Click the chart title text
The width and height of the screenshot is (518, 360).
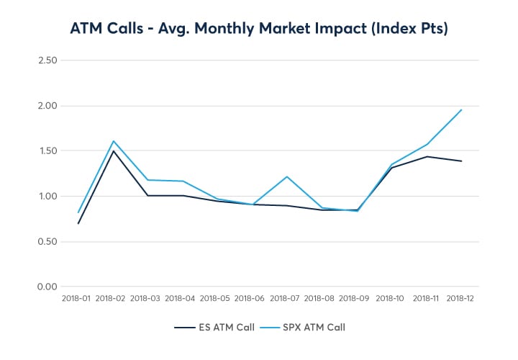click(x=259, y=28)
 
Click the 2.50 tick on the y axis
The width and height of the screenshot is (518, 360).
click(x=47, y=60)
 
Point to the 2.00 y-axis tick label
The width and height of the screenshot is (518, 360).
click(x=47, y=106)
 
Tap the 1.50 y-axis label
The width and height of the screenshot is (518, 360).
click(x=47, y=151)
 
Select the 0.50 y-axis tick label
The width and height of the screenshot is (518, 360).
click(x=47, y=242)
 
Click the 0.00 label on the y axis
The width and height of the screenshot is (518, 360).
click(x=47, y=287)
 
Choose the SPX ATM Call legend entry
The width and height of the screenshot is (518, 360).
click(x=305, y=328)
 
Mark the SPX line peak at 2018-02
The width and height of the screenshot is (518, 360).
click(x=113, y=141)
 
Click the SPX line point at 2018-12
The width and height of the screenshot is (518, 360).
click(x=461, y=109)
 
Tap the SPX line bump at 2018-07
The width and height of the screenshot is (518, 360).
click(x=287, y=176)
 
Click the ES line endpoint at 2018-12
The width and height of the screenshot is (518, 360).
click(x=461, y=161)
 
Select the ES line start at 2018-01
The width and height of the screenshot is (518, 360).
click(x=78, y=223)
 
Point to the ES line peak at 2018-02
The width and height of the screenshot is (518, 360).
click(x=113, y=150)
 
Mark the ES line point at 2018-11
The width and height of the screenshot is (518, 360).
click(x=427, y=156)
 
